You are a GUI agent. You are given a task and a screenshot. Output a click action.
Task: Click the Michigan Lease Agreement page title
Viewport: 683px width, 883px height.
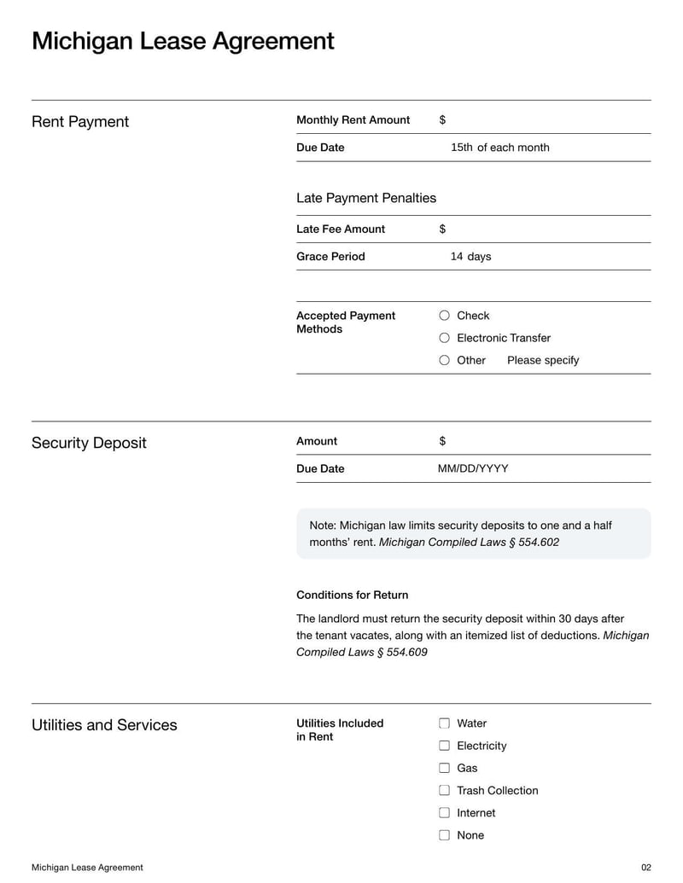click(x=183, y=41)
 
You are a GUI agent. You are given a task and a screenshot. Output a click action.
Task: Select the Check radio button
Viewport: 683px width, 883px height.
click(x=444, y=316)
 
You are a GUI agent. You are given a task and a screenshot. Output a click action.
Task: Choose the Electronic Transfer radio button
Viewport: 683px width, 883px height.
click(x=444, y=338)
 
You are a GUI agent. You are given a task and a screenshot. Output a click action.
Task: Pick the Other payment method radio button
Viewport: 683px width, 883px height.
click(x=444, y=360)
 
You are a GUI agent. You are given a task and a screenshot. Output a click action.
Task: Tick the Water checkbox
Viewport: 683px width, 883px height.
click(x=444, y=723)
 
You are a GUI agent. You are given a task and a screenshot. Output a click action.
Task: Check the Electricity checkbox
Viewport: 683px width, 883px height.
click(x=444, y=746)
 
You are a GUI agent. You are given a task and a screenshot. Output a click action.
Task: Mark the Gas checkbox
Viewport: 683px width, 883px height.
click(x=444, y=768)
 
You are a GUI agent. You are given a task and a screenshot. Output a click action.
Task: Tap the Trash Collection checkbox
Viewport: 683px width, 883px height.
click(x=444, y=791)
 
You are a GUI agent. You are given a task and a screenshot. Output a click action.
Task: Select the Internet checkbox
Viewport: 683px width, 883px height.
click(x=444, y=813)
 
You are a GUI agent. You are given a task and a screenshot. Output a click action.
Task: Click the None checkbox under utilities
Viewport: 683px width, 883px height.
click(x=444, y=835)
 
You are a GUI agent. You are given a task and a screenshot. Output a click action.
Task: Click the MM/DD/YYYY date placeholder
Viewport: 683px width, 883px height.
click(x=473, y=468)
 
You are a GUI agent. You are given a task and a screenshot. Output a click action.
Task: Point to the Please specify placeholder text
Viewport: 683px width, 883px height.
click(x=543, y=360)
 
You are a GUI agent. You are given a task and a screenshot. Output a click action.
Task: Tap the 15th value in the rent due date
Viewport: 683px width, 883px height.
click(x=461, y=148)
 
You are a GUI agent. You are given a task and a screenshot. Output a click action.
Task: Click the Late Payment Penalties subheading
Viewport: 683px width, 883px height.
click(x=366, y=198)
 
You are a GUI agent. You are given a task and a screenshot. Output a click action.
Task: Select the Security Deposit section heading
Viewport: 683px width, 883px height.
click(x=89, y=443)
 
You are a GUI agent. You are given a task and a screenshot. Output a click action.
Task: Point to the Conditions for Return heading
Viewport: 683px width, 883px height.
click(x=352, y=595)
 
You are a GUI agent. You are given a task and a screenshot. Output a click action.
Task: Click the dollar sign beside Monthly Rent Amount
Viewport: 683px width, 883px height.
click(x=442, y=120)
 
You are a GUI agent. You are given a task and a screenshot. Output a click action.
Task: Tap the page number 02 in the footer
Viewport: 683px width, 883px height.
click(x=645, y=868)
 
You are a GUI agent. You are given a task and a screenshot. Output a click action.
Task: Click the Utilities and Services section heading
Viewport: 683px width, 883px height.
click(x=104, y=725)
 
